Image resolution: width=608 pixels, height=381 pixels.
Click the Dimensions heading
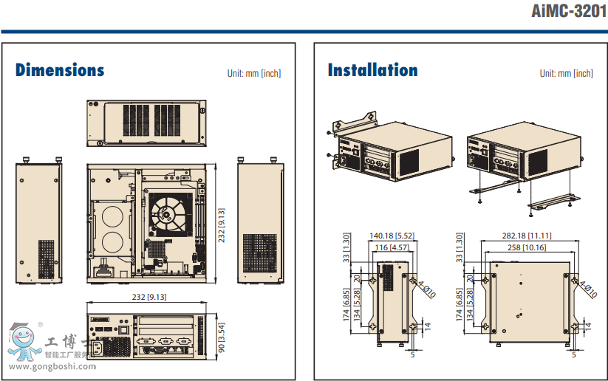click(60, 71)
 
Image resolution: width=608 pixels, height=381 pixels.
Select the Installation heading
click(372, 71)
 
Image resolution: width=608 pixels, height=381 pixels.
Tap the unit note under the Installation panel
click(566, 73)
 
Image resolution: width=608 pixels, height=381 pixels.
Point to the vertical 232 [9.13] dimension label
click(221, 222)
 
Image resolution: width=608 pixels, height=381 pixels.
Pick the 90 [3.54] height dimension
click(221, 336)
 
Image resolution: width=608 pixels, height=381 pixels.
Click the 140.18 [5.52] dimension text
click(392, 236)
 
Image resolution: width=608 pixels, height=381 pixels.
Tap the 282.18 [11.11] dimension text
click(527, 236)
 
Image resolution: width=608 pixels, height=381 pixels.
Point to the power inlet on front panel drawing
click(98, 346)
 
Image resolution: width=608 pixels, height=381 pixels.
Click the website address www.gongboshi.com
click(52, 367)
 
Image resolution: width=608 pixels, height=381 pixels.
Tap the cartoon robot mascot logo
click(22, 341)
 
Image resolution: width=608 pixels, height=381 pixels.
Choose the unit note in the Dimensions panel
click(254, 73)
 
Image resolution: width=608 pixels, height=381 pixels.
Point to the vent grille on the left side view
click(47, 258)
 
